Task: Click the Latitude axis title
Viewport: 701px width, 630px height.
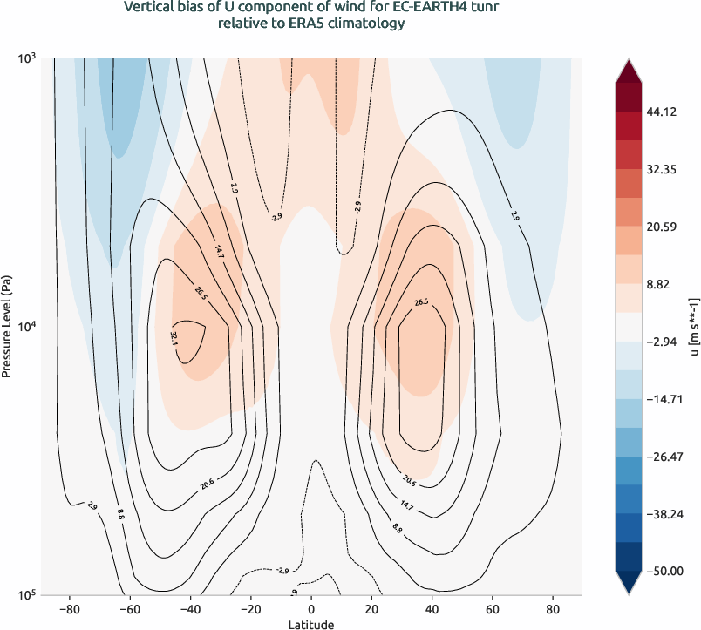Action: (x=311, y=624)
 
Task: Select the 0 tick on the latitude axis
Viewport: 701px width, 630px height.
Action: (x=311, y=609)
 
